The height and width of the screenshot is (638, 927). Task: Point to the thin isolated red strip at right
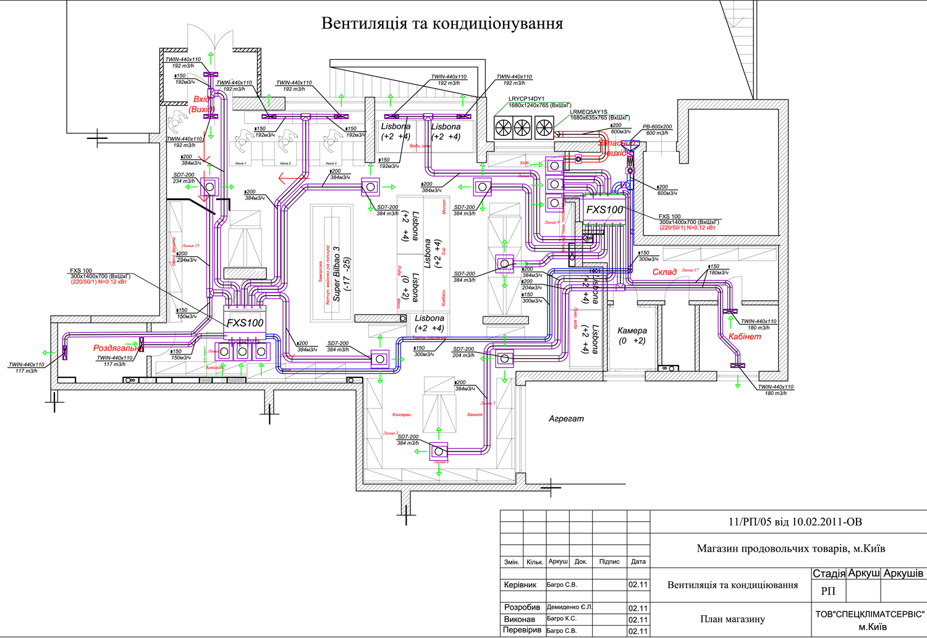685,229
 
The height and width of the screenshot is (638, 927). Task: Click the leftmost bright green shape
41,351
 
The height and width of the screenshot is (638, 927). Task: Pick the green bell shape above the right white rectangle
738,388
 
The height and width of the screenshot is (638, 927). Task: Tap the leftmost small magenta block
578,159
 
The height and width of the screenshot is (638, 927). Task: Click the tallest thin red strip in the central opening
328,274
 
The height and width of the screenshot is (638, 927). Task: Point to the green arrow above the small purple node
504,243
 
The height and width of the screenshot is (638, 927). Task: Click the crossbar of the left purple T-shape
305,116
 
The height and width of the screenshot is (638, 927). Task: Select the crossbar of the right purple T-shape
426,115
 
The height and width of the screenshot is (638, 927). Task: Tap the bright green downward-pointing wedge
367,214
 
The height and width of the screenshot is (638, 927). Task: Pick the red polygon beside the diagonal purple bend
282,178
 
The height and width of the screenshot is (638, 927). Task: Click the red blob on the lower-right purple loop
750,340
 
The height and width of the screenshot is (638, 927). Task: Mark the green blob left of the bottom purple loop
418,454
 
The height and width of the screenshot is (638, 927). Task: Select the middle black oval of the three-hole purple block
242,352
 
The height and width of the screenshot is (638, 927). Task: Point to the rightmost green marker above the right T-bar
462,100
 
